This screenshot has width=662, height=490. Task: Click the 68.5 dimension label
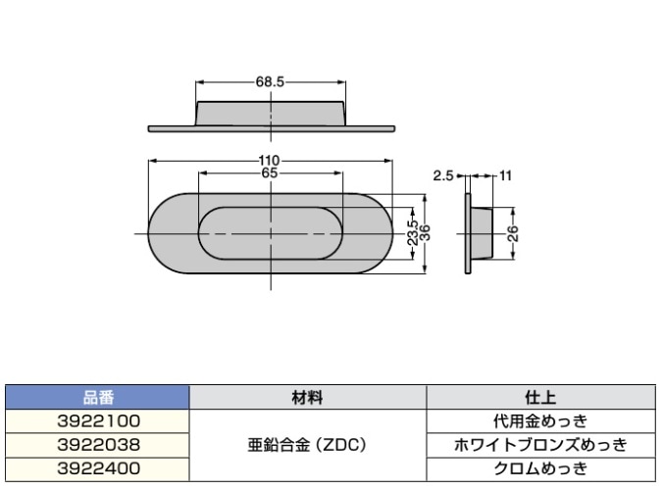coord(271,83)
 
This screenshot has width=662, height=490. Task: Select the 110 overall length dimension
coord(271,161)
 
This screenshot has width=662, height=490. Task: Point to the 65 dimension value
coord(271,172)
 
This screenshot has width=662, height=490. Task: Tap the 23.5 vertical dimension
coord(412,233)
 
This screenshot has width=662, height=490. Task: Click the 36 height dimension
coord(425,233)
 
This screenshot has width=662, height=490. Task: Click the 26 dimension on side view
coord(512,233)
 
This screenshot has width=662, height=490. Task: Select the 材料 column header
coord(306,398)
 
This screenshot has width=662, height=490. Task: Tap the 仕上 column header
coord(541,398)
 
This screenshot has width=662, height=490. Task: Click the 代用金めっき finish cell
coord(541,421)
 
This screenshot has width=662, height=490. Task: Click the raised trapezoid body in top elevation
coord(271,112)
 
